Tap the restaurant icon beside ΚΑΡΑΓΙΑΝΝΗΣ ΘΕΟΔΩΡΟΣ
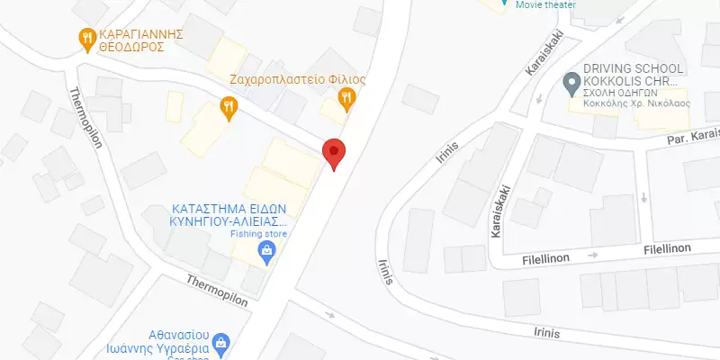tap(86, 37)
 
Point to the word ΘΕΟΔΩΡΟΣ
tap(130, 45)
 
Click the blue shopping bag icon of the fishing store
tap(265, 251)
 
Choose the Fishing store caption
tap(258, 234)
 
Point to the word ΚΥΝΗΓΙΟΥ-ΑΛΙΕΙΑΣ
tap(227, 220)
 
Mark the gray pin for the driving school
tap(570, 85)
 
